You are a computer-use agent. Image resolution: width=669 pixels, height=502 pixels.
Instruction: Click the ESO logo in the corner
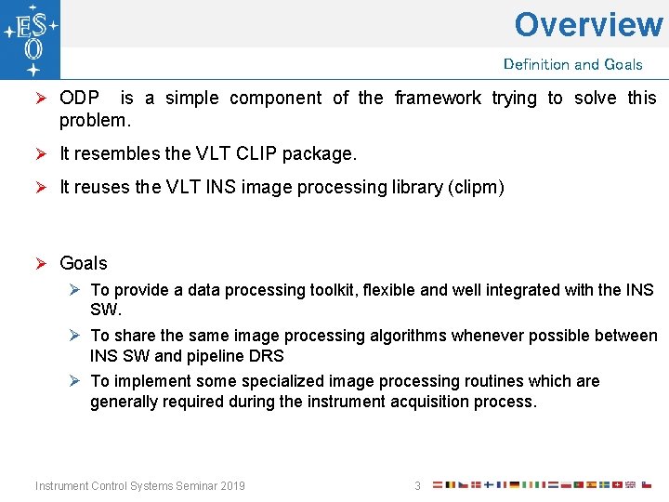coord(31,40)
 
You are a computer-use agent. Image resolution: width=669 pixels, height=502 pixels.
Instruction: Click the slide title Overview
coord(588,24)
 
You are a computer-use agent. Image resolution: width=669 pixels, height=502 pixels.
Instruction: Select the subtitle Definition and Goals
coord(572,64)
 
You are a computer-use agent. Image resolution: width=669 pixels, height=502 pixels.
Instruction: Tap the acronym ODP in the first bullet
coord(80,98)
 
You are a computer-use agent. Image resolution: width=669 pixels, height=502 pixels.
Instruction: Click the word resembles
coord(113,152)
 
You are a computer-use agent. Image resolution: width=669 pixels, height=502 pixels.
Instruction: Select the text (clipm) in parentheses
coord(475,187)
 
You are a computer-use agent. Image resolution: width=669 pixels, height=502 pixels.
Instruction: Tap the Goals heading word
coord(84,263)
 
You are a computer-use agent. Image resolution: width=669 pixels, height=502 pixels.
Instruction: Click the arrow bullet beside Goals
coord(41,263)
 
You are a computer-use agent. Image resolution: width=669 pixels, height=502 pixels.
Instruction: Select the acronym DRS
coord(266,355)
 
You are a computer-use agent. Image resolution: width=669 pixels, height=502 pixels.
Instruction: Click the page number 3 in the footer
coord(417,485)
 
